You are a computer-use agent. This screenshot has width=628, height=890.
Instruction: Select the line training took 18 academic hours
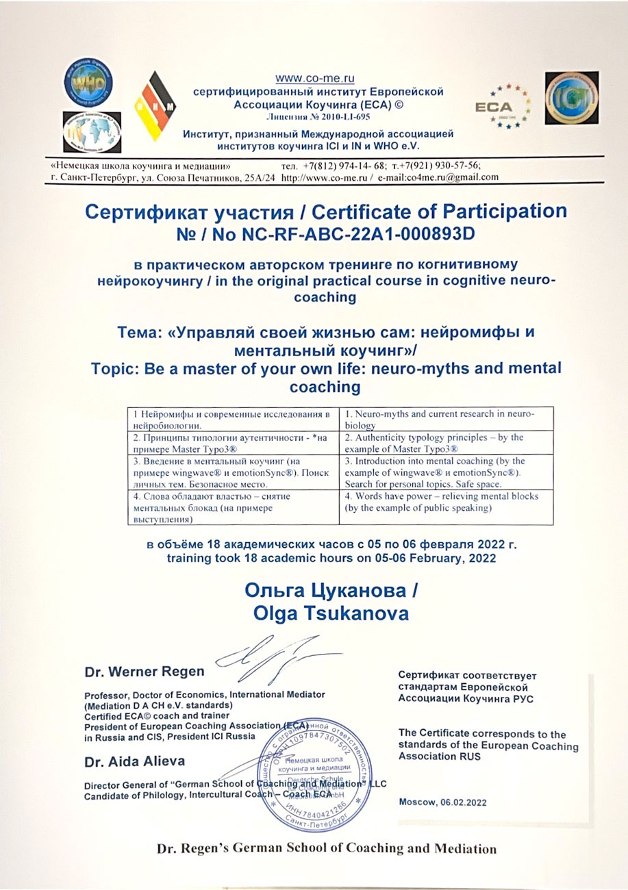point(328,558)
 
